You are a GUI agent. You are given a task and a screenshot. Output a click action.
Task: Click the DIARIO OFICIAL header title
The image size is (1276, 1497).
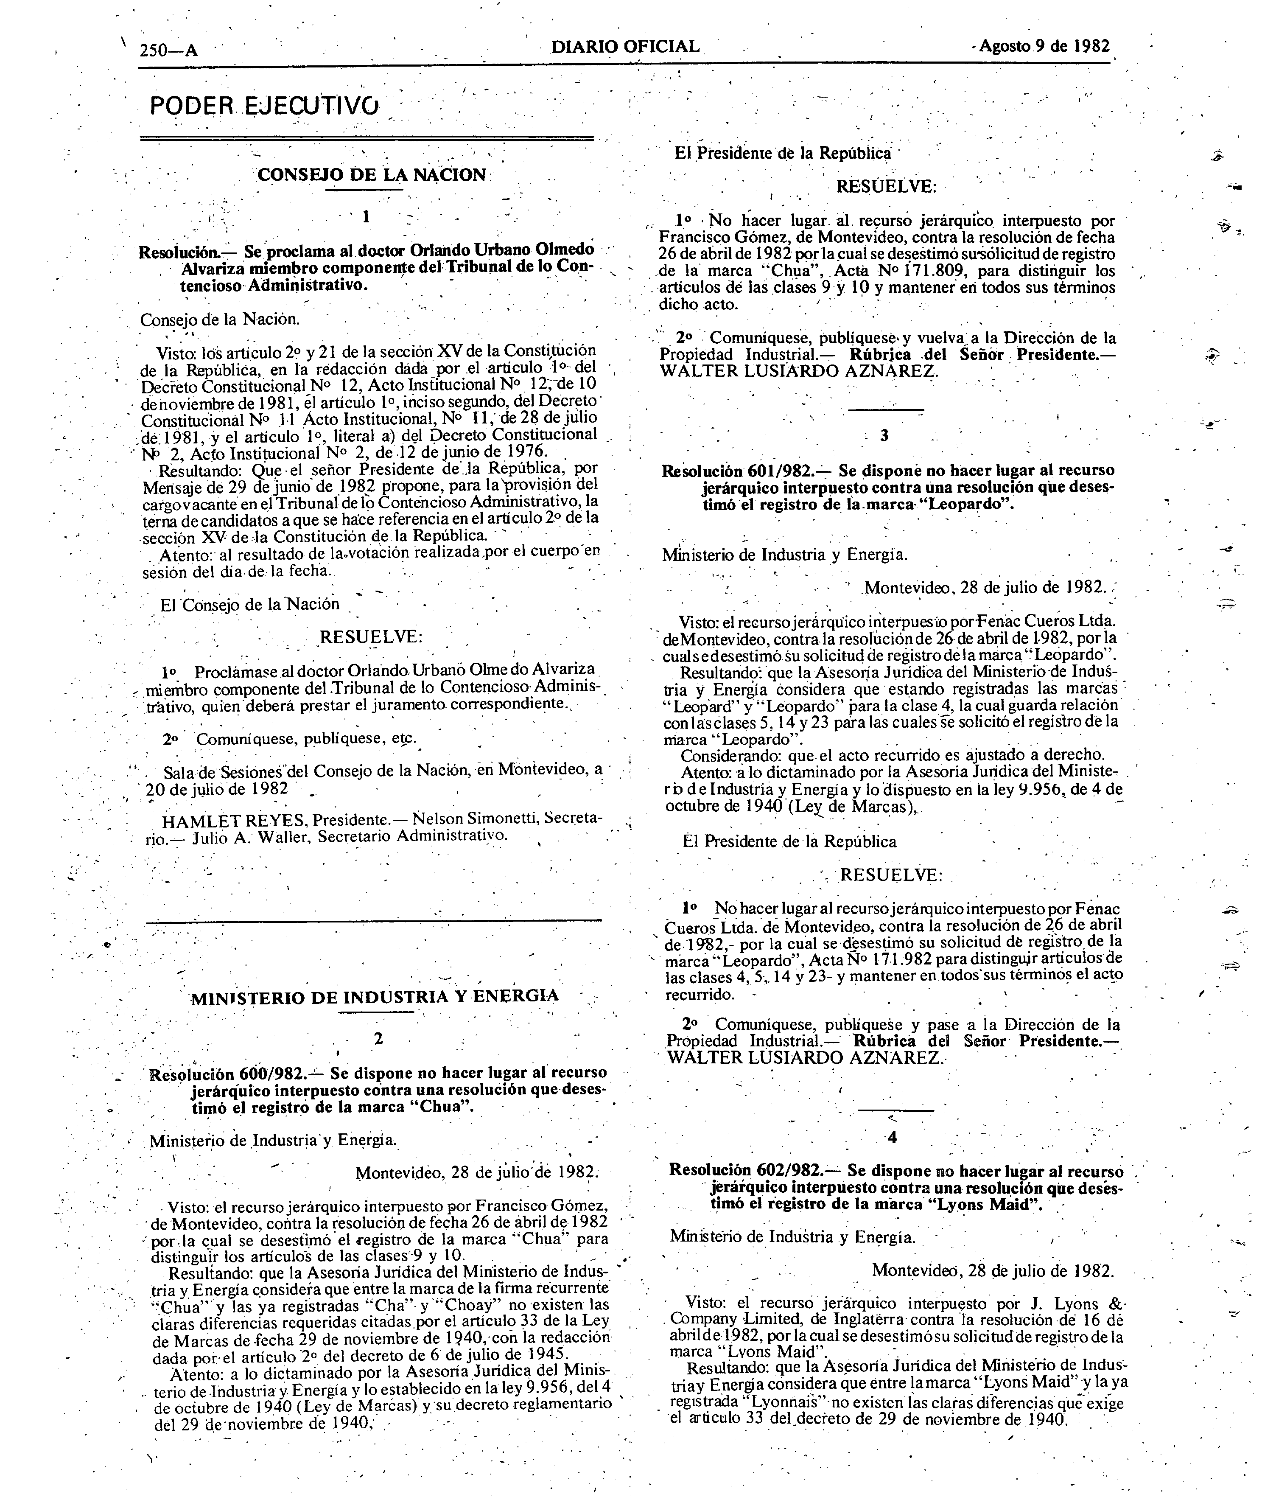coord(625,47)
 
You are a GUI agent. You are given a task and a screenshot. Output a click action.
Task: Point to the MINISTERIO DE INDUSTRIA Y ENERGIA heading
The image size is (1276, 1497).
coord(374,997)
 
